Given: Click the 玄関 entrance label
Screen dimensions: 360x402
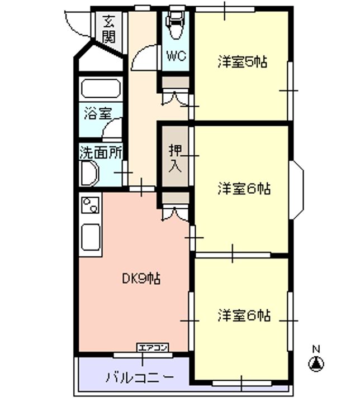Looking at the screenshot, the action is click(109, 29).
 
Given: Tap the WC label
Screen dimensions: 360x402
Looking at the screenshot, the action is click(177, 56).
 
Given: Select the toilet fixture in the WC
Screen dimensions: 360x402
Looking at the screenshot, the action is click(176, 25).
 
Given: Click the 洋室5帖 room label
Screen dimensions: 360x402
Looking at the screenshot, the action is click(243, 62).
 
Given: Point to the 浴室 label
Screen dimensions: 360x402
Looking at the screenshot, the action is click(98, 113).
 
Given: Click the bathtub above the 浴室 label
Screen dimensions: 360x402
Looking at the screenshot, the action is click(101, 88).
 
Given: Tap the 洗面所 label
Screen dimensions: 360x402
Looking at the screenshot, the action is click(101, 153).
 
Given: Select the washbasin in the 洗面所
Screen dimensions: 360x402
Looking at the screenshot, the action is click(89, 173).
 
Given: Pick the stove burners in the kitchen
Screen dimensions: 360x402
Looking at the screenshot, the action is click(91, 205).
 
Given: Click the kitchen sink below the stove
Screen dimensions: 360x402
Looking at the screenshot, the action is click(91, 237).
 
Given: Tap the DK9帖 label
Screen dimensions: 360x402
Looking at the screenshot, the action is click(141, 279).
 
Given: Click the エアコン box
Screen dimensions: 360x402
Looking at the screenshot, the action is click(153, 348).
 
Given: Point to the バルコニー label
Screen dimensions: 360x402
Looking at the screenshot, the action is click(140, 377).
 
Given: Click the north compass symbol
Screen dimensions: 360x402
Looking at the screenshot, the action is click(316, 364).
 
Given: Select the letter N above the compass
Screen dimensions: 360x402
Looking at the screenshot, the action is click(316, 349).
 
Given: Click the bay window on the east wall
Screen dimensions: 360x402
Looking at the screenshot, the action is click(297, 190).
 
